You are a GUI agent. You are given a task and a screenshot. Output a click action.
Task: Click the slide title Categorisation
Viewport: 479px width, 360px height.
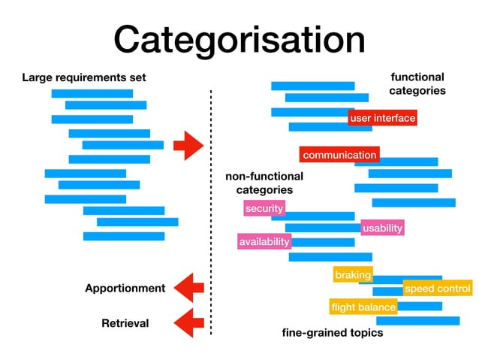pos(239,39)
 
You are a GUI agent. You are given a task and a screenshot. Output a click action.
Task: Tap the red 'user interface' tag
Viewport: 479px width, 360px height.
pos(382,118)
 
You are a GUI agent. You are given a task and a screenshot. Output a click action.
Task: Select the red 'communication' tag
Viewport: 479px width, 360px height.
pos(339,155)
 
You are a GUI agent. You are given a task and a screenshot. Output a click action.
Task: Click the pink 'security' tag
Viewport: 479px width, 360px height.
pos(264,208)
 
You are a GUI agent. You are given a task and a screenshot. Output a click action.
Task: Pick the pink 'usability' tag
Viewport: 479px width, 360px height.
pos(382,228)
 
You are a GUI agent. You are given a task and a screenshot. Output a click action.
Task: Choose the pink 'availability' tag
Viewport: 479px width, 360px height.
pos(264,242)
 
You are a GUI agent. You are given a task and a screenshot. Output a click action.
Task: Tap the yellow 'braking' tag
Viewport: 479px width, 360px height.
pos(353,275)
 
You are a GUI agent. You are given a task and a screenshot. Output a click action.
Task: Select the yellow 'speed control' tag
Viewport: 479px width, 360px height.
pos(437,289)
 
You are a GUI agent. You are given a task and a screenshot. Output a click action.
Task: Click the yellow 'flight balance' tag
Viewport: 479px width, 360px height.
pos(363,307)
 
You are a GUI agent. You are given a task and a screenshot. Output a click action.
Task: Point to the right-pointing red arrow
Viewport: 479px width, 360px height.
pos(188,144)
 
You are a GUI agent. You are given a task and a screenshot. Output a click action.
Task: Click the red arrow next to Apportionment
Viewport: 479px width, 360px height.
pos(188,287)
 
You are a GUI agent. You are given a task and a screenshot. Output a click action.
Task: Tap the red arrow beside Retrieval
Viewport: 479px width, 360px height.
pos(188,322)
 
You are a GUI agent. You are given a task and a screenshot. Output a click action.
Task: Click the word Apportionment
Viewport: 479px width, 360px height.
pos(125,288)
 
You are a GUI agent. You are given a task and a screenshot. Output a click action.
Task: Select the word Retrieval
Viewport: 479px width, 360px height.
pos(125,323)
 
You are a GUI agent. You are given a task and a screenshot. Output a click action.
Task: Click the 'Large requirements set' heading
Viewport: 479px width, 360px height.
pos(83,77)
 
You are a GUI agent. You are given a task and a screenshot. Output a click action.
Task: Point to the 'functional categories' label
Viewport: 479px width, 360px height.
pos(417,83)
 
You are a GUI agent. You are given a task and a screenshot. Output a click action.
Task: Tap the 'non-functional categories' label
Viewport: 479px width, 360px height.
pos(264,183)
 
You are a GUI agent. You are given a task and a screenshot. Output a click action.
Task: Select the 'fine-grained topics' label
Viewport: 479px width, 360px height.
pos(332,332)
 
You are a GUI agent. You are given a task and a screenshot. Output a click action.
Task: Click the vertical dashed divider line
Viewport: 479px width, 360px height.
pos(211,210)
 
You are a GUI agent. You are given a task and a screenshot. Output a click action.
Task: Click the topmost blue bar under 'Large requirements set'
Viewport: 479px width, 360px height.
pos(92,93)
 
